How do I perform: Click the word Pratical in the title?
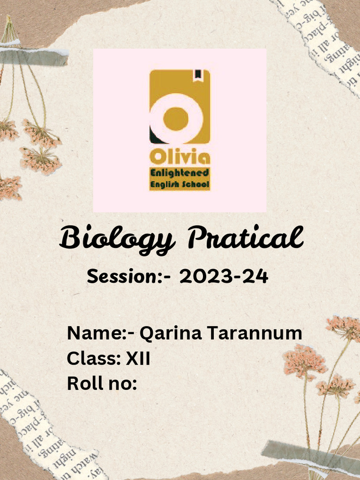pyautogui.click(x=245, y=238)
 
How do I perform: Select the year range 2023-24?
pyautogui.click(x=224, y=277)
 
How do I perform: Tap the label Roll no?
pyautogui.click(x=102, y=383)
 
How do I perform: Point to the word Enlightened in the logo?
pyautogui.click(x=180, y=173)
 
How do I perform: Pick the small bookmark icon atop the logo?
pyautogui.click(x=198, y=74)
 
